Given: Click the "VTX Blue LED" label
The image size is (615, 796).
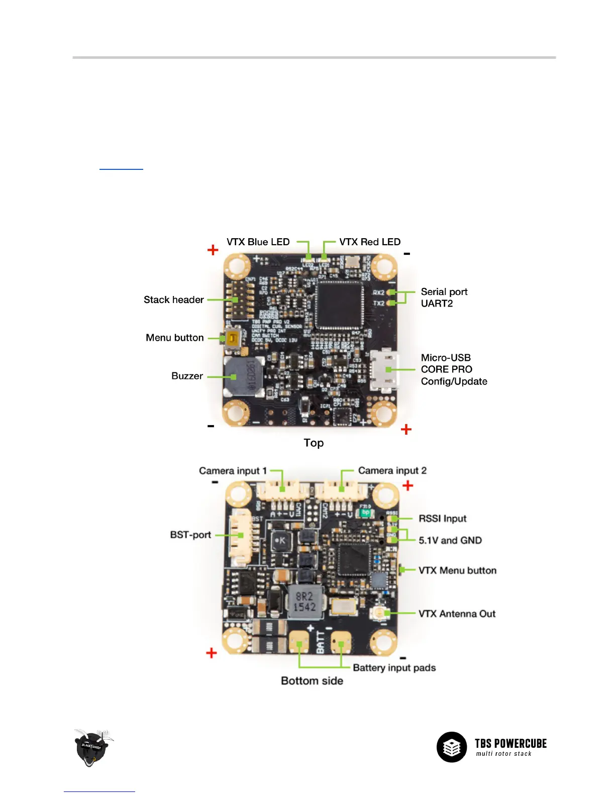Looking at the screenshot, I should [258, 242].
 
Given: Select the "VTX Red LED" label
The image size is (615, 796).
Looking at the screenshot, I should [370, 242].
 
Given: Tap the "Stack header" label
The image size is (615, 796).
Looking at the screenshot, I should [174, 300].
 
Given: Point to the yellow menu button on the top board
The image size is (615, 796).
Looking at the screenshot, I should [232, 339].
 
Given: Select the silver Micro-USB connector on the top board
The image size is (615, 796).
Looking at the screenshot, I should [385, 370].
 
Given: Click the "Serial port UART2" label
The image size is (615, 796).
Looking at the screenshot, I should [444, 297].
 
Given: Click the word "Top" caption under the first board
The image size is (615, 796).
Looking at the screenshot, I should [314, 443].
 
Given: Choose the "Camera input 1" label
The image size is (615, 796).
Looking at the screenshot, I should [233, 471].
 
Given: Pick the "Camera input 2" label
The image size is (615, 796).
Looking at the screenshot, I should [392, 471].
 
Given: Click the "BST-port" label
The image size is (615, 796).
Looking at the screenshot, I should [190, 535].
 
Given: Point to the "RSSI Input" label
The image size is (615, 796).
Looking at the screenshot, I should [443, 519].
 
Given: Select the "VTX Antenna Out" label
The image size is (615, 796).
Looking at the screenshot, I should [457, 614].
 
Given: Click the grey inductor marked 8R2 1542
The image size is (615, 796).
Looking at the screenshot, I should [304, 602].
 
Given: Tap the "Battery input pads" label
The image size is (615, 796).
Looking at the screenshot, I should [394, 668].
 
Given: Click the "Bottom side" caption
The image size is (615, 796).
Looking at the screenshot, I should [312, 681].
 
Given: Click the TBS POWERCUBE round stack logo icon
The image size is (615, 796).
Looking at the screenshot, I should [451, 747].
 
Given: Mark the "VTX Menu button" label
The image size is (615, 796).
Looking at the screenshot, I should [457, 570].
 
